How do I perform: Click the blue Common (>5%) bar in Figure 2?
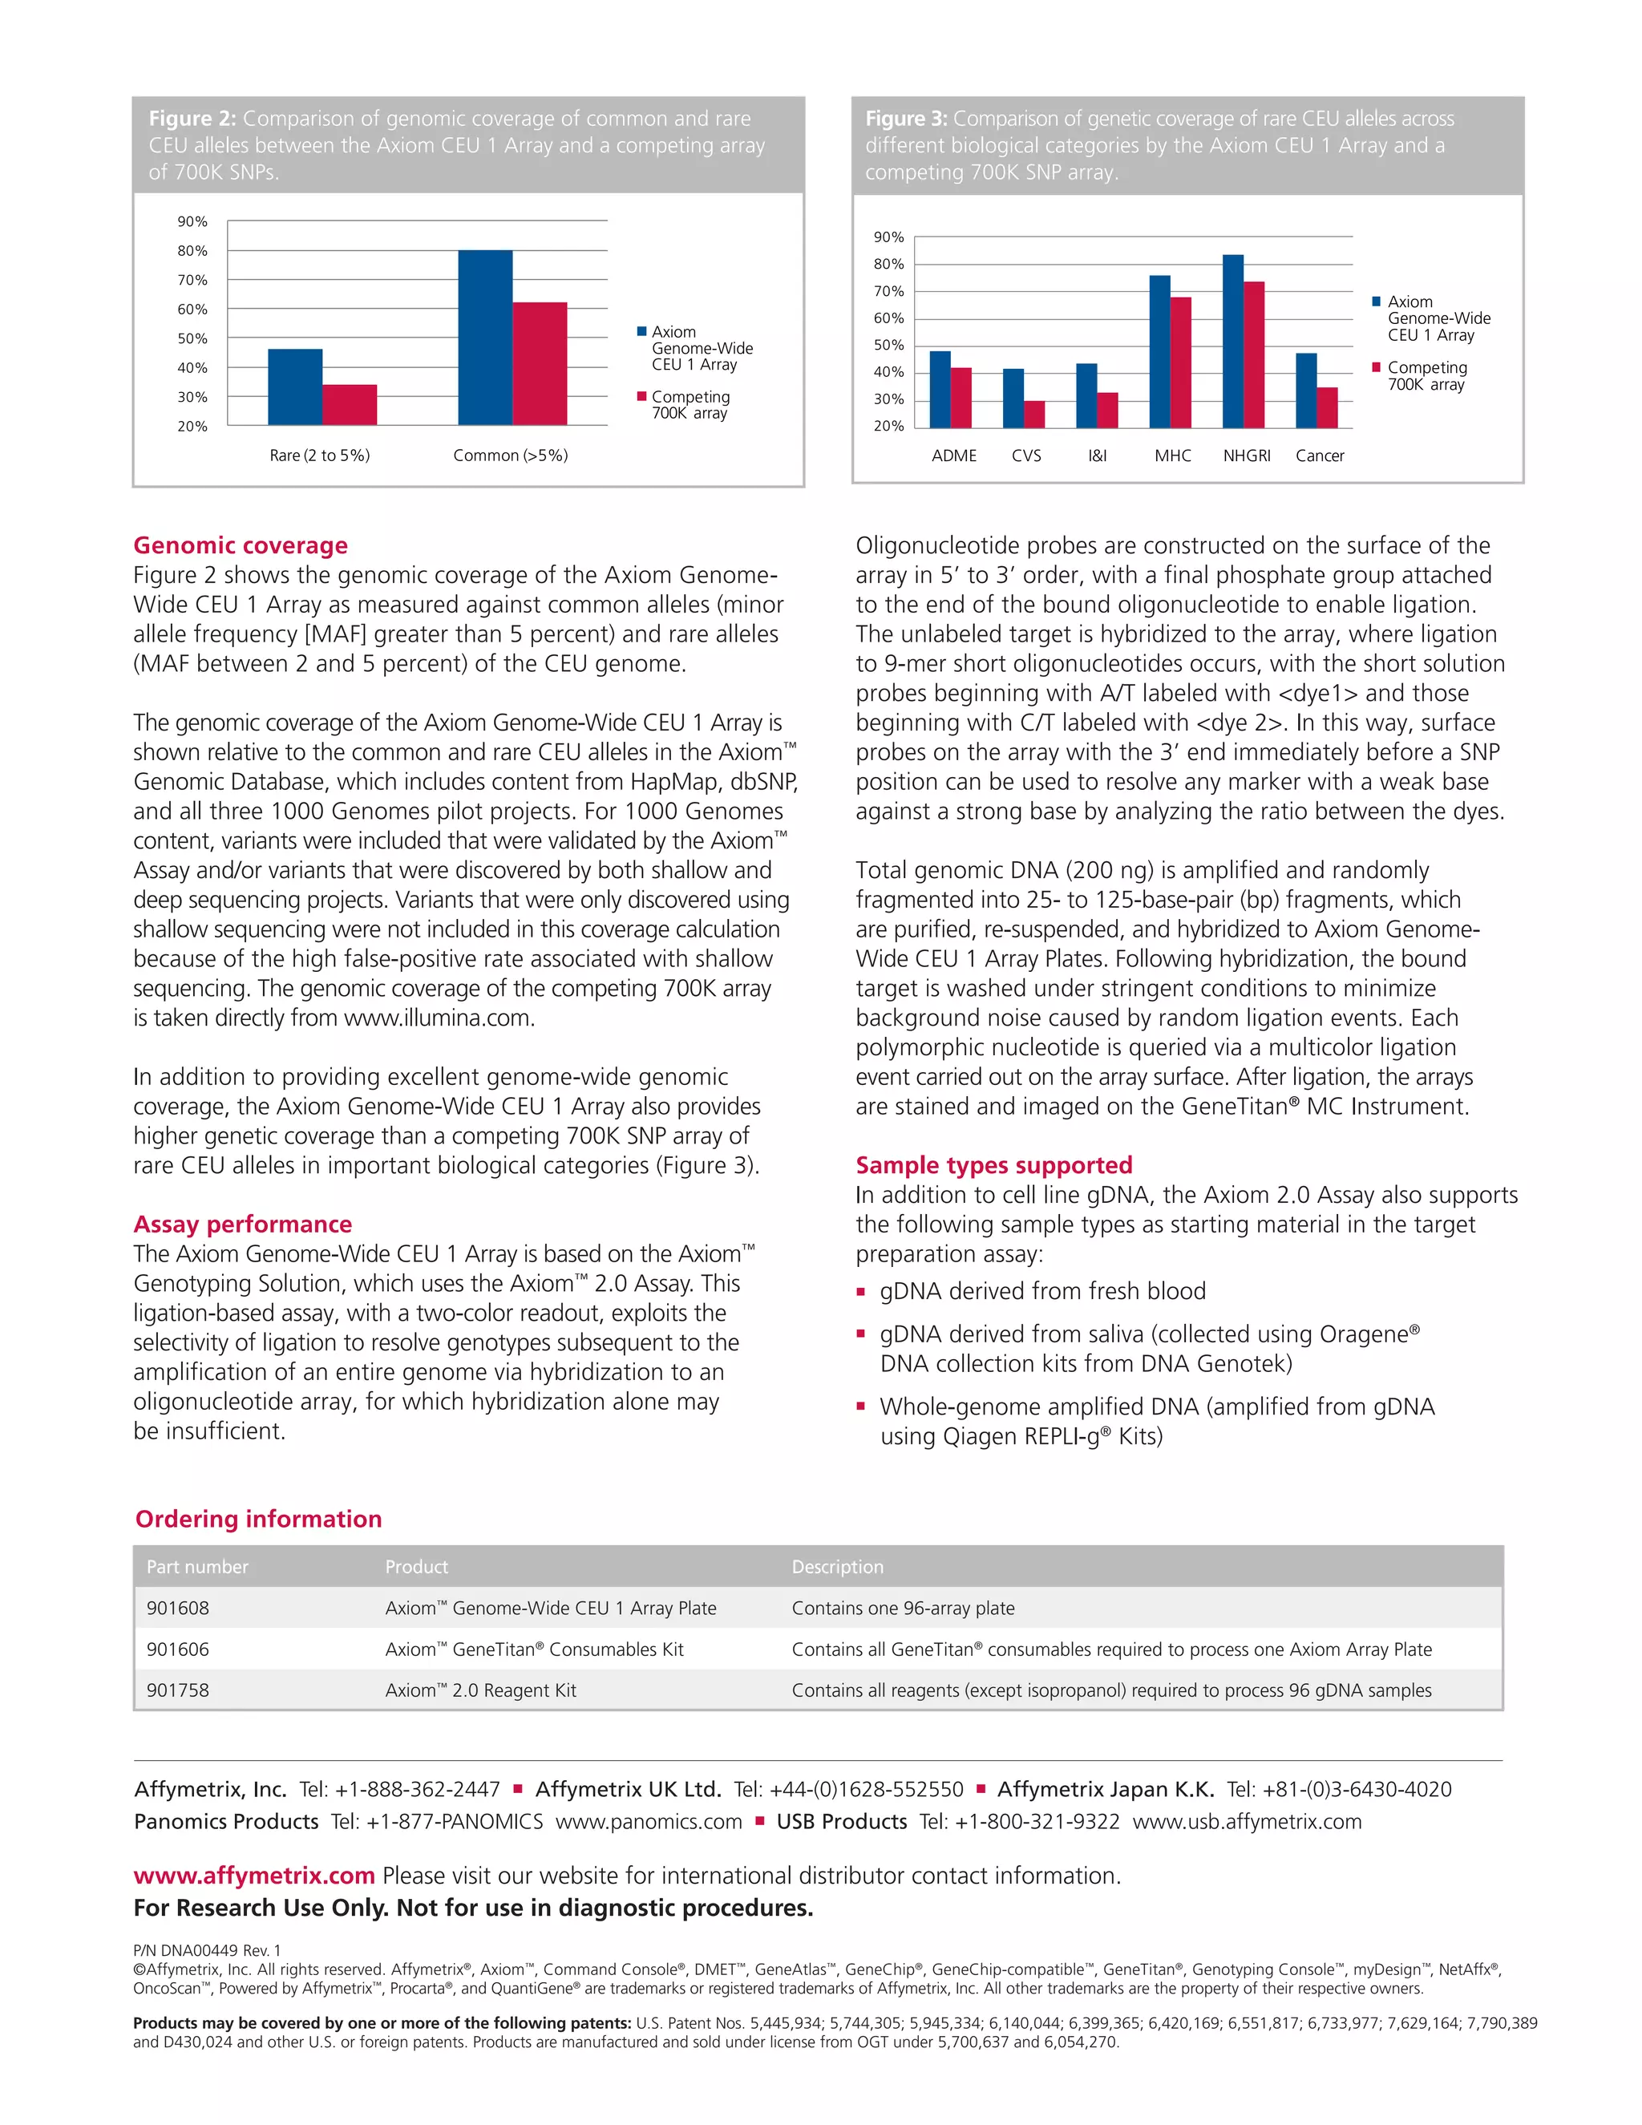tap(484, 338)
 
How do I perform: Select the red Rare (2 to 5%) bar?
tap(350, 405)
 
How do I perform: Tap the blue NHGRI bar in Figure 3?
tap(1232, 342)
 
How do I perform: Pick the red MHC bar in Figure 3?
tap(1180, 363)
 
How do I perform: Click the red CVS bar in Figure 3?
tap(1034, 415)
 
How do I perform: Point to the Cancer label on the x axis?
tap(1319, 455)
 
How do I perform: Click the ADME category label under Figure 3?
tap(953, 455)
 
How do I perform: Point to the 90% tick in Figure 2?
tap(192, 222)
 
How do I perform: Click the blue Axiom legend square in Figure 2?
tap(641, 332)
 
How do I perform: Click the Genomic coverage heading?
tap(241, 544)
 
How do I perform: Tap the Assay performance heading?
tap(242, 1224)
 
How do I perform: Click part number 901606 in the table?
tap(177, 1649)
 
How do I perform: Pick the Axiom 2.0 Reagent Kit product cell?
tap(480, 1690)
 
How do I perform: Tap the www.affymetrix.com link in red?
tap(254, 1875)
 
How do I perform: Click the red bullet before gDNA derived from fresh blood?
tap(861, 1292)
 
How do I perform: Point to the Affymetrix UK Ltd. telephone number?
tap(848, 1789)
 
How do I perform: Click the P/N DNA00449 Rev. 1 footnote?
tap(206, 1950)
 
